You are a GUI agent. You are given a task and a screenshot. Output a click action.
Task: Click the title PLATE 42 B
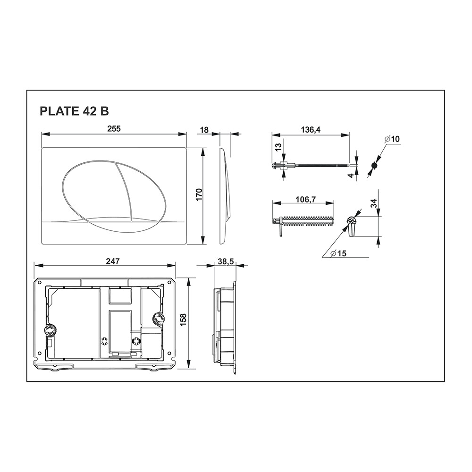[74, 111]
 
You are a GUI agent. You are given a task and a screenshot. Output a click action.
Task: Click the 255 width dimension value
[114, 129]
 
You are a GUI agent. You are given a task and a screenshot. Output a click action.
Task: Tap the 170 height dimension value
[199, 195]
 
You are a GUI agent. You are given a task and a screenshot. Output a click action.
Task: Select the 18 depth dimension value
[204, 130]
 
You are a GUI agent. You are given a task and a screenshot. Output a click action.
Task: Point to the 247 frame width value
[113, 261]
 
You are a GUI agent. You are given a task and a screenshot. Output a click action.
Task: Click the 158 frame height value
[183, 320]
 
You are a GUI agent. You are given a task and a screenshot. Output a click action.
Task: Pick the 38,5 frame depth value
[226, 262]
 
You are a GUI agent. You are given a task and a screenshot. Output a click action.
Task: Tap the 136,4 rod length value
[311, 130]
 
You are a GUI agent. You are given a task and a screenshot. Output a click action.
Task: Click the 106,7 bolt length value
[303, 199]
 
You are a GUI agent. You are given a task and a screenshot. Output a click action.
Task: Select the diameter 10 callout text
[392, 139]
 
